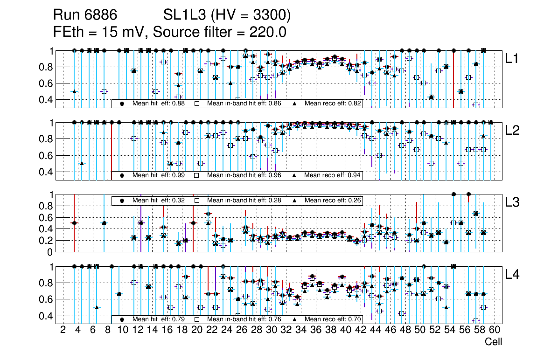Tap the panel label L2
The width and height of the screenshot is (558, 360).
(513, 131)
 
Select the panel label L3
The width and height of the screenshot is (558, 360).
(513, 202)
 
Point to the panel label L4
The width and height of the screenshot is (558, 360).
(513, 275)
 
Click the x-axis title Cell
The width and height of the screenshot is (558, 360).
(493, 342)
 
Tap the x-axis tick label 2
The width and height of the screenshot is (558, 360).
(63, 330)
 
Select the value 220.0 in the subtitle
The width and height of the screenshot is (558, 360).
(267, 32)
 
